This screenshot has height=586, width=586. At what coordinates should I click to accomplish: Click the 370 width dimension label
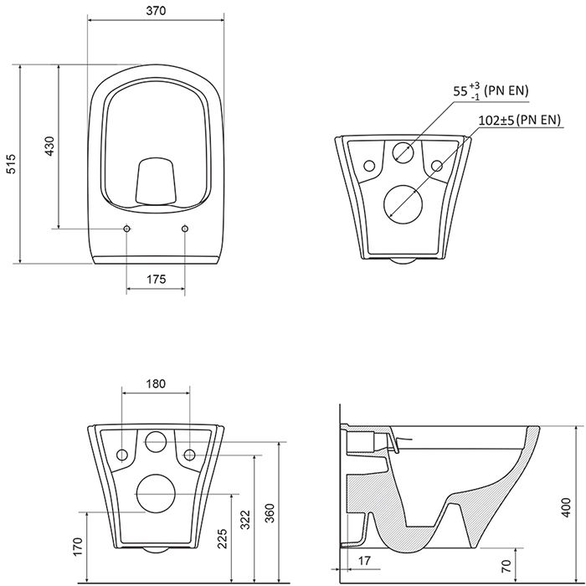(156, 11)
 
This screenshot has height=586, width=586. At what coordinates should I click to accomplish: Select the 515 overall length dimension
(12, 163)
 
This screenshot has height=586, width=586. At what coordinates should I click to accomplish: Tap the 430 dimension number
(49, 146)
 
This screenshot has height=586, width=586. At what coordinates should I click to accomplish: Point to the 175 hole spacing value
(156, 279)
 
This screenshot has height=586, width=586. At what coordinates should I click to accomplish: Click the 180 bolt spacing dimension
(156, 383)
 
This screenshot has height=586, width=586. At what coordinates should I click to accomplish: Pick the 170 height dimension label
(77, 547)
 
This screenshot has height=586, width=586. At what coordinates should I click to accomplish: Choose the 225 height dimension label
(223, 538)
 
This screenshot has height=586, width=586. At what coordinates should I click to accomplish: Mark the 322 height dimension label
(244, 520)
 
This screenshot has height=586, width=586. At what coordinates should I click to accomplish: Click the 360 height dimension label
(270, 513)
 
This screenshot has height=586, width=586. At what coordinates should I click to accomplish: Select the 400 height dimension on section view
(566, 507)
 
